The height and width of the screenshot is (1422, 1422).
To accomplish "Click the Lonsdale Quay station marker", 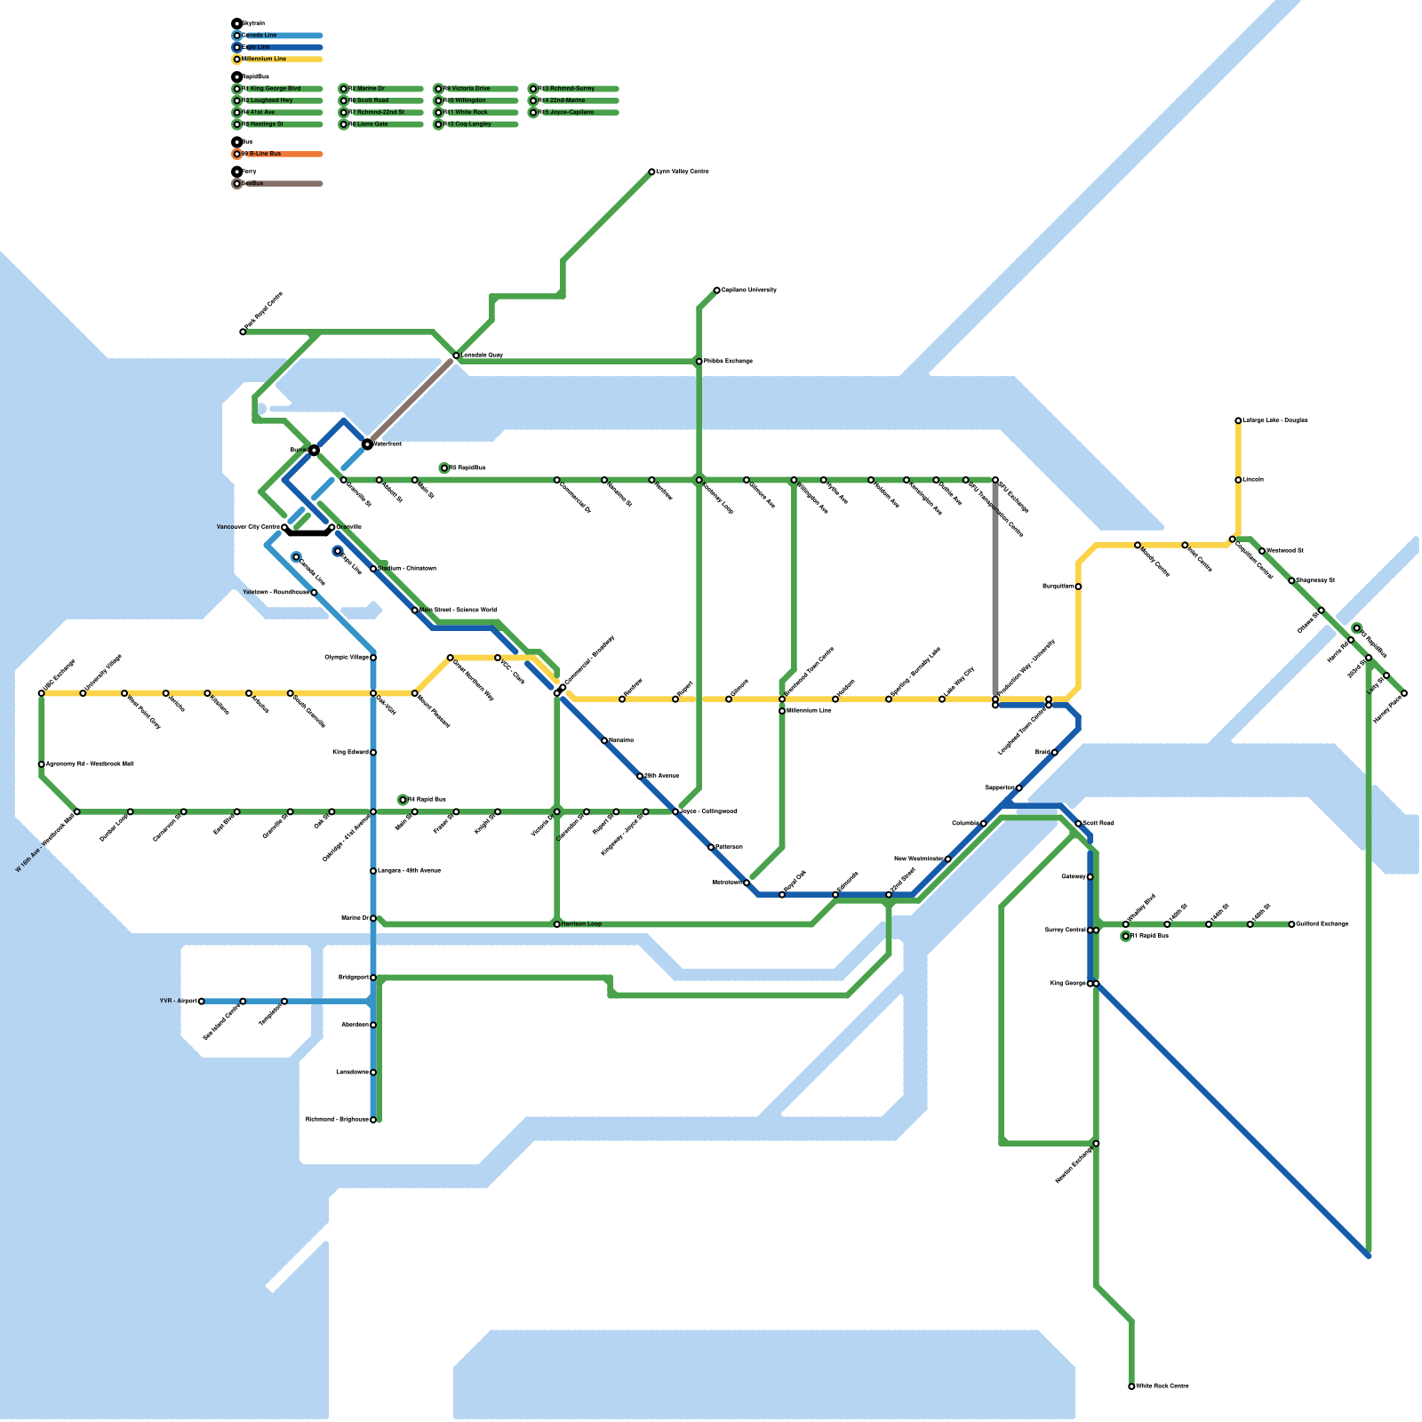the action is click(x=456, y=355).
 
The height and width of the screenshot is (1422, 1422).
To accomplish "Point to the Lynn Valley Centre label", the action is click(x=683, y=172).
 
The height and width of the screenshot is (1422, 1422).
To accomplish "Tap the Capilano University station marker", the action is click(x=717, y=290).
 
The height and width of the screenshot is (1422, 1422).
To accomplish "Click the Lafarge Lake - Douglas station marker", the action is click(x=1238, y=420).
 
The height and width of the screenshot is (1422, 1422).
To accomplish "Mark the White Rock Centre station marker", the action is click(x=1131, y=1386).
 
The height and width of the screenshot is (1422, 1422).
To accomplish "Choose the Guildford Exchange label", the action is click(x=1322, y=924).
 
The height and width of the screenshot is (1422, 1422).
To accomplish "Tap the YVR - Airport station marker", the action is click(x=202, y=1002).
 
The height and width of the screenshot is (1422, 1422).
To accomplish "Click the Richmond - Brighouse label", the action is click(x=337, y=1120).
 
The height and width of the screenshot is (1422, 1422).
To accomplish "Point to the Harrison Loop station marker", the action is click(x=557, y=924).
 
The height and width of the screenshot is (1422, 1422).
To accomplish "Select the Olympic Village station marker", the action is click(x=373, y=658).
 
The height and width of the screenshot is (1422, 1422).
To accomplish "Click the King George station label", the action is click(x=1067, y=984).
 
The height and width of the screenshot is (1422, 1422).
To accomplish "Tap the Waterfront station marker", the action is click(x=367, y=443).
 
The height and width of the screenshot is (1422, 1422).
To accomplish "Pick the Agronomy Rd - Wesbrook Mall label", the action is click(x=89, y=764).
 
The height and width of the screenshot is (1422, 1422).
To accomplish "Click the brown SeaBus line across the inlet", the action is click(x=411, y=400).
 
